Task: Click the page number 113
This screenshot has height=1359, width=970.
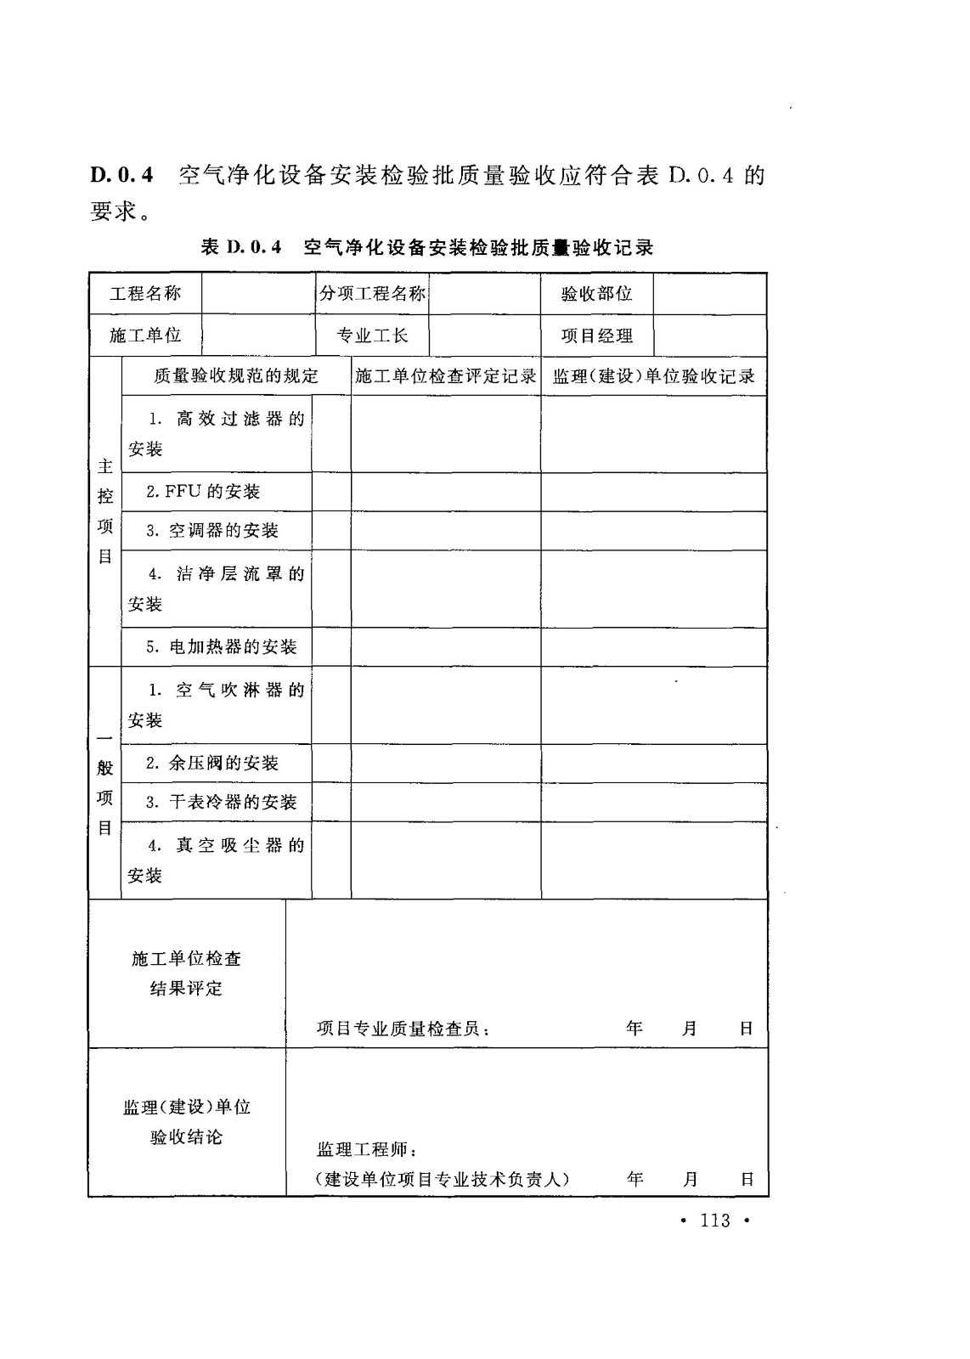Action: (x=715, y=1221)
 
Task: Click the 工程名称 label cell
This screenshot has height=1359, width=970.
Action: (x=145, y=294)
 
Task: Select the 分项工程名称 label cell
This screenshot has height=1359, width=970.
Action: (x=372, y=294)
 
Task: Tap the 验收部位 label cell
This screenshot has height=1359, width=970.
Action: (x=597, y=294)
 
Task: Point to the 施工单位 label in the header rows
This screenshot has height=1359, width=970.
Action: (x=145, y=336)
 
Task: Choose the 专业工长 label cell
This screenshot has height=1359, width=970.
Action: (x=372, y=336)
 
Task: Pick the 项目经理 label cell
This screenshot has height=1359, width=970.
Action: (x=597, y=336)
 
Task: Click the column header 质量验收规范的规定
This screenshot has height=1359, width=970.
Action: (x=236, y=375)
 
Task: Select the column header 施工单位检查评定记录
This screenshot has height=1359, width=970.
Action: (x=446, y=375)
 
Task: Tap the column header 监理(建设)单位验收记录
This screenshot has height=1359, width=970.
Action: (x=654, y=375)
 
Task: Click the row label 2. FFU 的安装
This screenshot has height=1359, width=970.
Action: (x=203, y=492)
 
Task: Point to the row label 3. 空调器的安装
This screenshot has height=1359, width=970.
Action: (x=212, y=531)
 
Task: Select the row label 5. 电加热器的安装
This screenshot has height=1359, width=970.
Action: (x=222, y=647)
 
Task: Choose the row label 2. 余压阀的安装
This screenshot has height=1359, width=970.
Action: (x=212, y=764)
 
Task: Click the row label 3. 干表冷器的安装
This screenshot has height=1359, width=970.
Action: (x=222, y=803)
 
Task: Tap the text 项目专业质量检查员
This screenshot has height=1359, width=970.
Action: (x=403, y=1029)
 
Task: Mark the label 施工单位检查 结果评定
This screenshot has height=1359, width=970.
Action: (x=187, y=973)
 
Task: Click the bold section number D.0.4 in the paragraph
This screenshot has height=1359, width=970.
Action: (x=122, y=177)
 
